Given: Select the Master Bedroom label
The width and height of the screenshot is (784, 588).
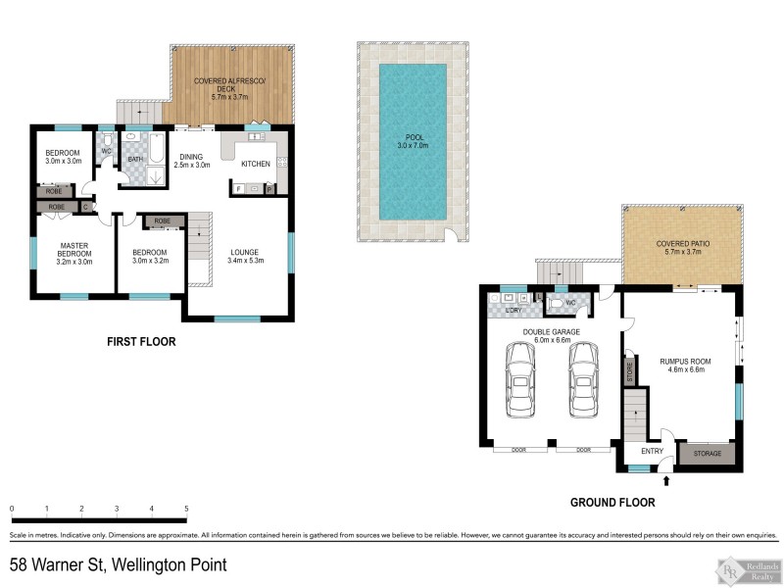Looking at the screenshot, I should click(74, 253).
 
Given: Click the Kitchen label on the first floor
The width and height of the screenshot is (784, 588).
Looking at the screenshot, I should click(256, 165).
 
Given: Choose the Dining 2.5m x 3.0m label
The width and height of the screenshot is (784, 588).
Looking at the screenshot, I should click(191, 161).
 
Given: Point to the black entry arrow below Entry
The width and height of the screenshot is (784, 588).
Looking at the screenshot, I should click(667, 480).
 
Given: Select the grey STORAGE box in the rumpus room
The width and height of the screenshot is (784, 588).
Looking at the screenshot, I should click(707, 454).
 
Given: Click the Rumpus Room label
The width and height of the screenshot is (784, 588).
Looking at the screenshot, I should click(684, 366).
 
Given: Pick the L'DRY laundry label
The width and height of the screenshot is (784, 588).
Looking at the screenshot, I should click(514, 311).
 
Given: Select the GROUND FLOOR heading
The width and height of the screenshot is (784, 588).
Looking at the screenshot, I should click(612, 503).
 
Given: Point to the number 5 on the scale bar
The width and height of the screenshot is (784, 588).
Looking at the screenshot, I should click(186, 509).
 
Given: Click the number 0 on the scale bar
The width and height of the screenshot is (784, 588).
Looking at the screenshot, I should click(12, 509).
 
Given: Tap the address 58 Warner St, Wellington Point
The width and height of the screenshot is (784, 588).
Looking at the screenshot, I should click(119, 564).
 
